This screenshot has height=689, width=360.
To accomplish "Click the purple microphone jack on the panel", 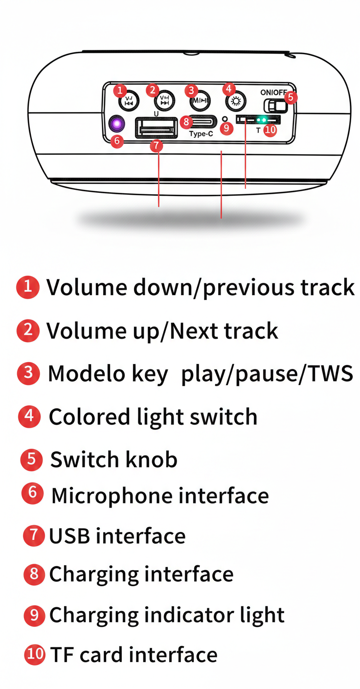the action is pos(117,124).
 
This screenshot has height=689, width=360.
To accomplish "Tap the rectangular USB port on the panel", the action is pos(157,128).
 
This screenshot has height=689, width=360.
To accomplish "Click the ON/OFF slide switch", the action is pos(275,106).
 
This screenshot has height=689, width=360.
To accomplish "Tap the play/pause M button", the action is pos(200,101).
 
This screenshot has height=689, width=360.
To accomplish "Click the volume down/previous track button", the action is pos(129,101).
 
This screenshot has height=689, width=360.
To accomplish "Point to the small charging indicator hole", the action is pos(225,119).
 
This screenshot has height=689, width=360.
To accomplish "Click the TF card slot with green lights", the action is pos(258,119).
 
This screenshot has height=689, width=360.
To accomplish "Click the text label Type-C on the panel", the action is pos(201,134).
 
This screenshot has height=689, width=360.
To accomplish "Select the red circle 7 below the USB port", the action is pos(157,145).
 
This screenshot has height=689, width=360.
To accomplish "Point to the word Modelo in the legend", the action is pos(87,373).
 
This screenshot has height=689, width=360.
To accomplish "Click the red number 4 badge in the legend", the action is pos(29,416).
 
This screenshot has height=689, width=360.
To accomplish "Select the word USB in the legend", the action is pos(69,536).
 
